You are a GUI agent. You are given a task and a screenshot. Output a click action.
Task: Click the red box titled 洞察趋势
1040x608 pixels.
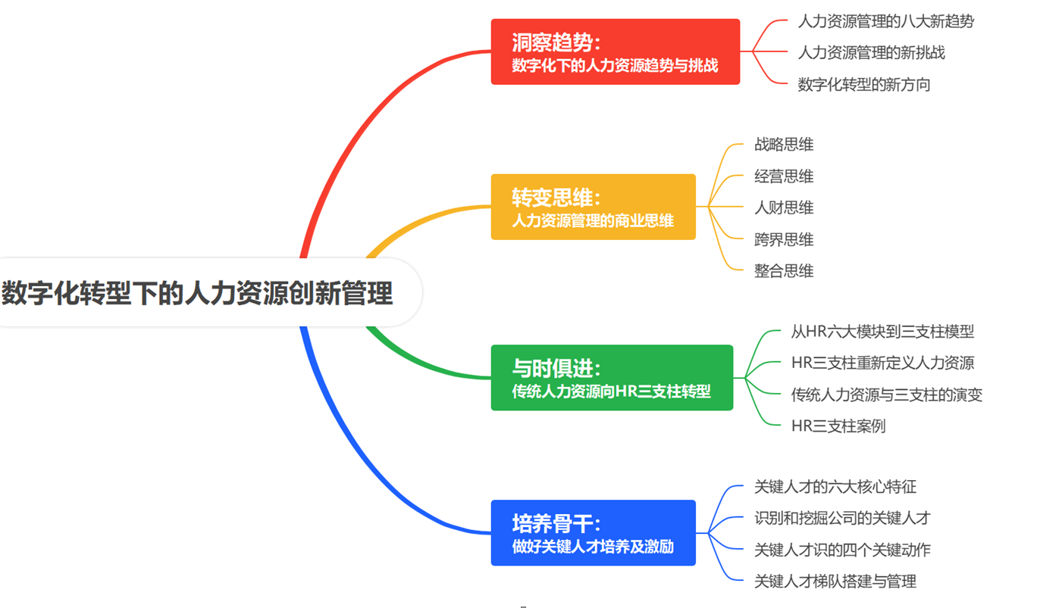pos(616,51)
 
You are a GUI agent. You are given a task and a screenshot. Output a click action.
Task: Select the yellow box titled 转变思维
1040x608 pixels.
pos(594,207)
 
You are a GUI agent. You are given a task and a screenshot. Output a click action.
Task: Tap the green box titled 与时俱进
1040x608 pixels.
pos(612,378)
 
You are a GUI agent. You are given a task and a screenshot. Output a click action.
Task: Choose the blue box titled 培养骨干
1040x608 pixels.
pos(594,533)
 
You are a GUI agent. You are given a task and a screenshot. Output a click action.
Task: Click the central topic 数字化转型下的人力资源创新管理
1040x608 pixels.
pos(197,292)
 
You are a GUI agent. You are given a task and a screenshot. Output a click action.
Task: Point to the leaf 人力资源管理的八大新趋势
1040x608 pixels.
pos(886,21)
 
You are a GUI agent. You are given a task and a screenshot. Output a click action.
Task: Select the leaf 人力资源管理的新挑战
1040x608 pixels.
pos(872,52)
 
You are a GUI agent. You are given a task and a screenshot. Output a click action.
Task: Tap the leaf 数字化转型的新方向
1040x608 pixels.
pos(864,84)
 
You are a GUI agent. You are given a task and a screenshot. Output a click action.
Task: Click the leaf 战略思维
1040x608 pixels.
pos(784,144)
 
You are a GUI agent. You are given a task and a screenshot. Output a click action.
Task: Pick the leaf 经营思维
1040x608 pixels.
pos(784,176)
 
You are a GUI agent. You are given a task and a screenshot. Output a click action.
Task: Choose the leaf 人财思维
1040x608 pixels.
pos(784,207)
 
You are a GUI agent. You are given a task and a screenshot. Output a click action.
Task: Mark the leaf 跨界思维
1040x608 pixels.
pos(784,239)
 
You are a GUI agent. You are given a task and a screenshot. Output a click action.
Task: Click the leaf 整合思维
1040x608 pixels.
pos(784,271)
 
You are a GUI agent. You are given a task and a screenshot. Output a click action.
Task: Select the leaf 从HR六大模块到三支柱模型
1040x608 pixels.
pos(882,332)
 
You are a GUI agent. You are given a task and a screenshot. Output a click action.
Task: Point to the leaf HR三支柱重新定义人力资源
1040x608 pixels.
pos(882,363)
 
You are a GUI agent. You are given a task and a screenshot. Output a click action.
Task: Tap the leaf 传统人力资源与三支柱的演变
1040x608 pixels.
pos(887,394)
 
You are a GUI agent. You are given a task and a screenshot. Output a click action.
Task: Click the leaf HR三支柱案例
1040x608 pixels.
pos(838,426)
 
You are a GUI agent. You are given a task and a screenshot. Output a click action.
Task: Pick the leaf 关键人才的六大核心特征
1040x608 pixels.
pos(835,487)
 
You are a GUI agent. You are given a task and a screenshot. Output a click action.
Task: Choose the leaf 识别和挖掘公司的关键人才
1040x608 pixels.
pos(842,518)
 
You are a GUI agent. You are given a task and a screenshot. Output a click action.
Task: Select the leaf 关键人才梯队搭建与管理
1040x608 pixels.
pos(835,581)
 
